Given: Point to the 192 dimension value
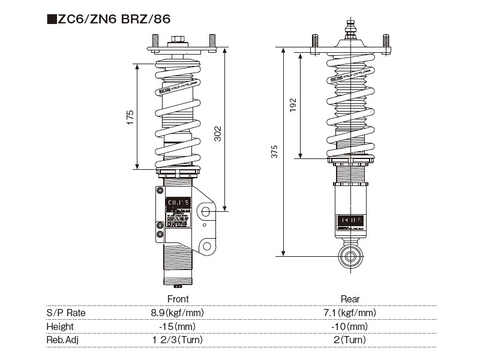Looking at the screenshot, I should tap(293, 106).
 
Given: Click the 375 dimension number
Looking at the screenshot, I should tap(275, 152).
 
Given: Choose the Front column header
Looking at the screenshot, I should tap(177, 299).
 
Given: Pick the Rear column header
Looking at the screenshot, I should tap(350, 299).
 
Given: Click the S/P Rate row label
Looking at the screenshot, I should tap(66, 313).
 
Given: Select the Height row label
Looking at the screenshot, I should tap(60, 326).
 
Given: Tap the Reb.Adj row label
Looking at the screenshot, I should tap(62, 340).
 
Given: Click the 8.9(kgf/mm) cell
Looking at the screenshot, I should tap(177, 313).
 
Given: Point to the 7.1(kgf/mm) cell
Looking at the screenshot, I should tap(350, 313).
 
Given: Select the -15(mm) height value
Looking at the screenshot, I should tap(177, 326).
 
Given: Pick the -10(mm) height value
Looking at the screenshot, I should tap(350, 326).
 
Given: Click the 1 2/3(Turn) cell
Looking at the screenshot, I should tap(177, 340).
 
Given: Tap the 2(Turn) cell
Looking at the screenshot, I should tap(350, 340).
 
